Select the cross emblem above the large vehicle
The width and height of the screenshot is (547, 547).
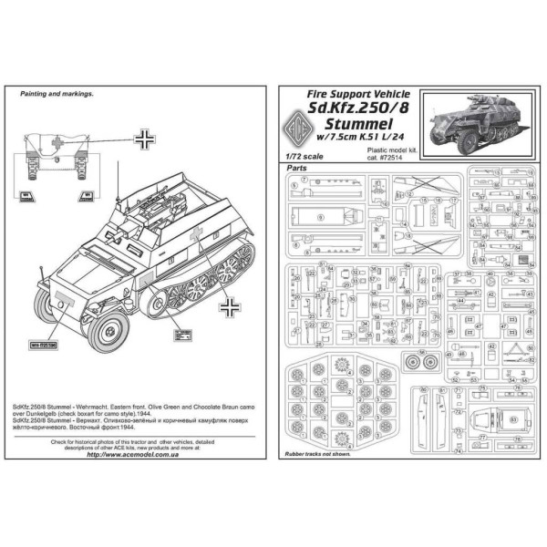[x=144, y=140]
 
